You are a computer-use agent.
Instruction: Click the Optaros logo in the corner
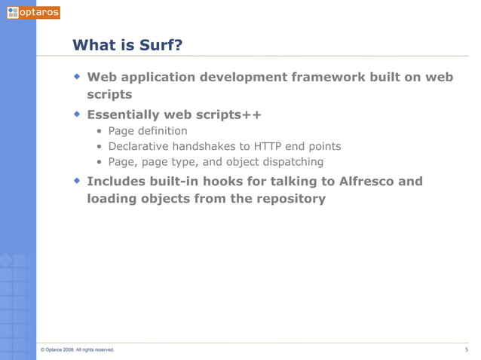tap(32, 12)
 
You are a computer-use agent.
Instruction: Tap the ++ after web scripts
tap(252, 114)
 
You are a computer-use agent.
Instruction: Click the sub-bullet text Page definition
tap(148, 131)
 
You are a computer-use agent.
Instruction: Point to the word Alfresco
tap(387, 181)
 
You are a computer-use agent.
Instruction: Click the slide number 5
tap(467, 349)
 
